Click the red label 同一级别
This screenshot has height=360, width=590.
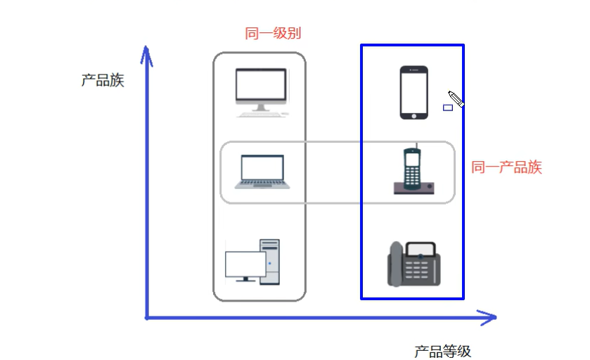click(x=273, y=33)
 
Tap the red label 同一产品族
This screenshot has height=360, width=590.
click(x=506, y=167)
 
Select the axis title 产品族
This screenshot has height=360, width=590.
click(x=103, y=80)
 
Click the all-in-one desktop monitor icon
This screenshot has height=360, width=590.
click(x=261, y=92)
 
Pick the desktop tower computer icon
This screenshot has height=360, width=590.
click(x=252, y=261)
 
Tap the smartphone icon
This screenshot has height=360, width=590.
click(x=413, y=92)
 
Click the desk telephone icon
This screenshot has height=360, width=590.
click(x=414, y=264)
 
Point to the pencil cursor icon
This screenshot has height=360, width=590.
click(x=456, y=99)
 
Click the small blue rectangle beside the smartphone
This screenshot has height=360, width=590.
click(x=448, y=108)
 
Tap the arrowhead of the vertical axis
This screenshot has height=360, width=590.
click(x=146, y=53)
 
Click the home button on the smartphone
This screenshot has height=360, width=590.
click(x=413, y=115)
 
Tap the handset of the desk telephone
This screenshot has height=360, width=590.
click(x=395, y=264)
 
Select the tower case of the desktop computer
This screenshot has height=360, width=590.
click(x=270, y=261)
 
